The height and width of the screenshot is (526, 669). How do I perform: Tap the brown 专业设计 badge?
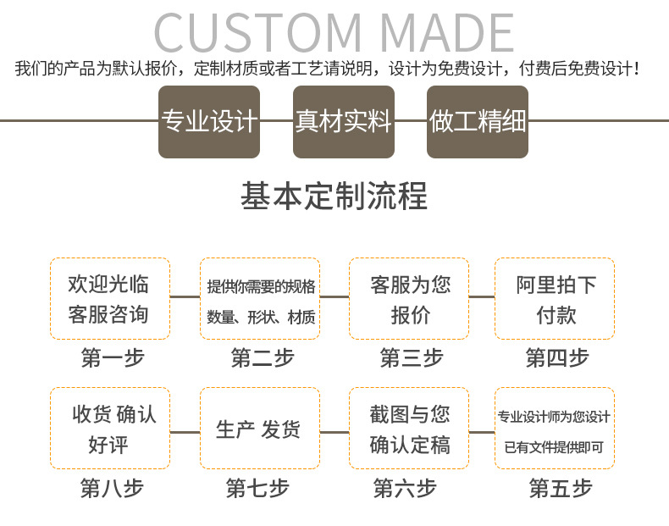point(209,122)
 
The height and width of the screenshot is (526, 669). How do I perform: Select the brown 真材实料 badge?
point(343,122)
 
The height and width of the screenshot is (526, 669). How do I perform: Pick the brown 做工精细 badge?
point(477,122)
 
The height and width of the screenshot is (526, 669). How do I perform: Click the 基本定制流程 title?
point(334,197)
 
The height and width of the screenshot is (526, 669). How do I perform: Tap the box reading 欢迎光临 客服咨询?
point(109,298)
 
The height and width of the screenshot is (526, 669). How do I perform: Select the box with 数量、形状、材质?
point(260,298)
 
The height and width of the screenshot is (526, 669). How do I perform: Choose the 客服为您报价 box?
point(410,298)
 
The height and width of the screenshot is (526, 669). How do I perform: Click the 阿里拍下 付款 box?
point(555,298)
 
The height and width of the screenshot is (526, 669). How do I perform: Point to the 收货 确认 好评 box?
point(109,428)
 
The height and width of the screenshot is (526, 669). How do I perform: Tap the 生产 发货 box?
point(260,428)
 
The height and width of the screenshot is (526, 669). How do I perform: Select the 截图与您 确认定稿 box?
point(410,428)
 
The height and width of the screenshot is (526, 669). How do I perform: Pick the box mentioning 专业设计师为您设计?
point(555,428)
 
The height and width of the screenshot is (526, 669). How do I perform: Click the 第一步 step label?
point(112,357)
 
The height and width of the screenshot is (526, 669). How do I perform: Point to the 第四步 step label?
point(556,357)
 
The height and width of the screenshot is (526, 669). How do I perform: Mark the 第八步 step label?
point(112,488)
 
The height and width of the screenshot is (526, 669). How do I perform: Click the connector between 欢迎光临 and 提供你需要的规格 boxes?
point(185,296)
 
